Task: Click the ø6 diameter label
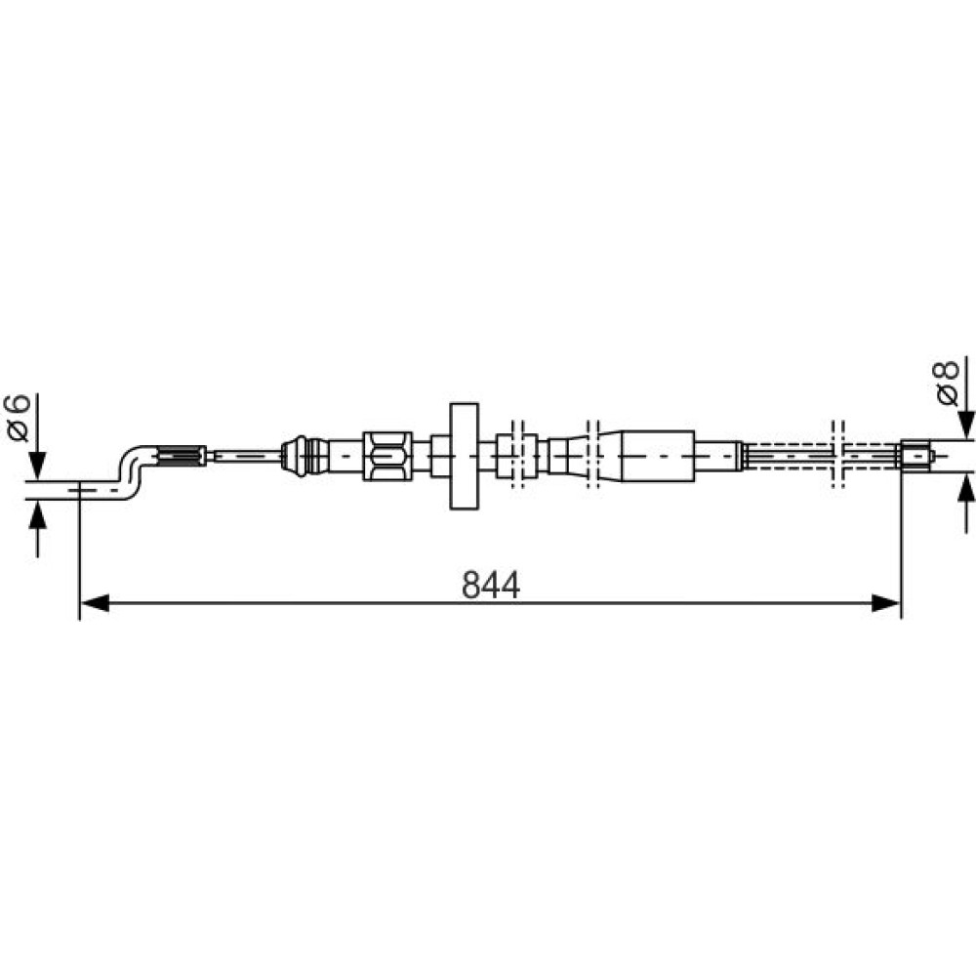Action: [x=18, y=418]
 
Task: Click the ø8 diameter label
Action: [x=948, y=383]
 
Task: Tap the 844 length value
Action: [x=491, y=585]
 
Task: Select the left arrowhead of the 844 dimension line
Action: [x=95, y=602]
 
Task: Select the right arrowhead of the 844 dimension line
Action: [x=886, y=602]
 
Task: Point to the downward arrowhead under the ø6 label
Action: [x=37, y=466]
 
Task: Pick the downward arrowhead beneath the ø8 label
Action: [x=966, y=426]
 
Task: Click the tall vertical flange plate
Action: [x=464, y=456]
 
